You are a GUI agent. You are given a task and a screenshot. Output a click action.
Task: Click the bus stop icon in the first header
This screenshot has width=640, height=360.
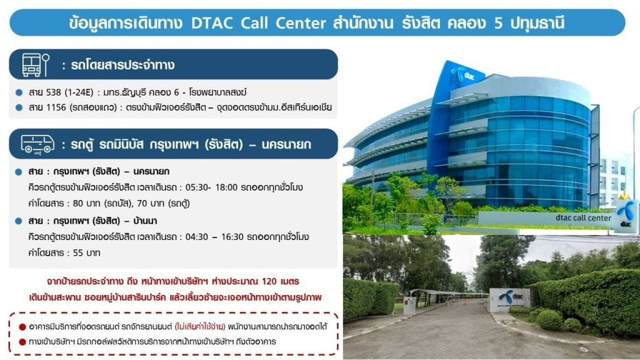pos(36,65)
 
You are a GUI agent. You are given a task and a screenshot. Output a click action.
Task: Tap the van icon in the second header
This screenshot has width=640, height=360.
pos(37,144)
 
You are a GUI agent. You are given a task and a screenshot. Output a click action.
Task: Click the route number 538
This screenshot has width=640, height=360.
pos(53,92)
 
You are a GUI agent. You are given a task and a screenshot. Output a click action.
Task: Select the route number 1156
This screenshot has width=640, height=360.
pos(56,107)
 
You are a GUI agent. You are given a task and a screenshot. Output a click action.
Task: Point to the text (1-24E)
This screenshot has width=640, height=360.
pos(79,92)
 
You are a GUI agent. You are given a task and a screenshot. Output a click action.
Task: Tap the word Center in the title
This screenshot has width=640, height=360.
pos(301,23)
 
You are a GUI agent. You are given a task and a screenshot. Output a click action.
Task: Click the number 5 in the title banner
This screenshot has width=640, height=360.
pos(498,23)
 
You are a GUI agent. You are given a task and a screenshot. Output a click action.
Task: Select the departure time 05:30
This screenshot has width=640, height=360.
pos(196,187)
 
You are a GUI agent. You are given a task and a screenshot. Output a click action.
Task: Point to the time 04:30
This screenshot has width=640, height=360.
pos(196,237)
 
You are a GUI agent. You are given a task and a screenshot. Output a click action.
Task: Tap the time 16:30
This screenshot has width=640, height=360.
pos(232,237)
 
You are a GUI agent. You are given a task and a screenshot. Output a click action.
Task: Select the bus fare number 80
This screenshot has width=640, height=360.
pos(77,203)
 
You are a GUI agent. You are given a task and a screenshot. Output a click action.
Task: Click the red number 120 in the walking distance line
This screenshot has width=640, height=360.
pos(269,282)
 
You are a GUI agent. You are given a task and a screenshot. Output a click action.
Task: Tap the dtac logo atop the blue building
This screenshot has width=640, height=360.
pos(465,75)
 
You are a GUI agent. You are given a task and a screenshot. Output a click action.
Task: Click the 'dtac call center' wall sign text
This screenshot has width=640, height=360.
pos(583,218)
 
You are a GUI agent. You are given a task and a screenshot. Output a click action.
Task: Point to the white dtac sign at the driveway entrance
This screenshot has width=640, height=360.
pos(510,300)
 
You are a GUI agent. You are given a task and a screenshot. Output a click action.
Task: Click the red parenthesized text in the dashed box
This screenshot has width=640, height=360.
pos(200,326)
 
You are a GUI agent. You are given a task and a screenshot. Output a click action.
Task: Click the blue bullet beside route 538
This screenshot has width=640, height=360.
pos(19,92)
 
